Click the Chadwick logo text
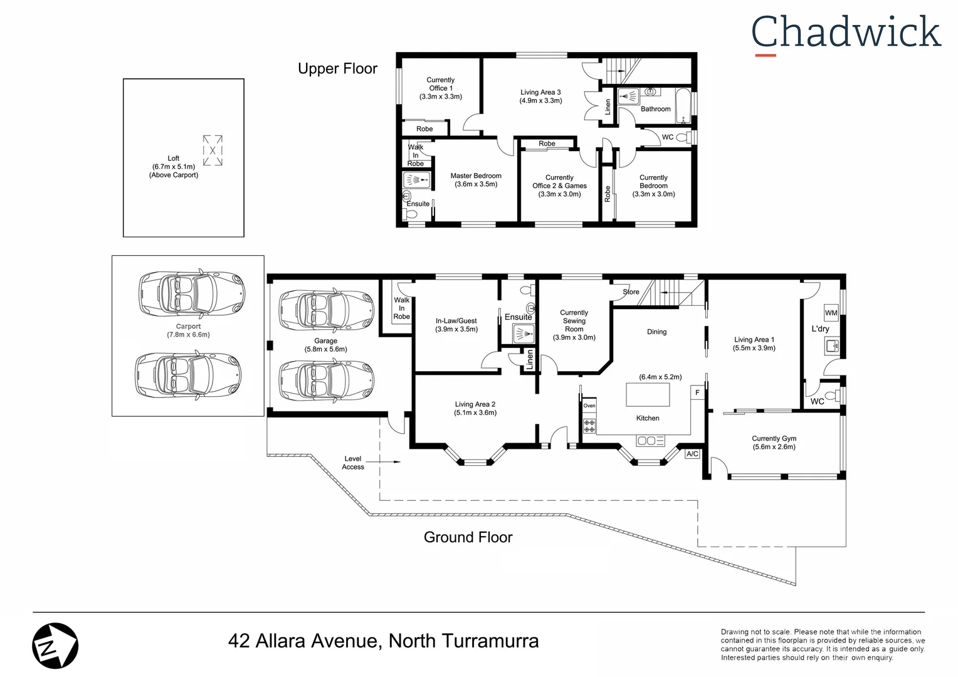(x=846, y=33)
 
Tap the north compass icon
(x=55, y=646)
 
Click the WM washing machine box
(x=831, y=313)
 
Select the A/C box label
(x=692, y=454)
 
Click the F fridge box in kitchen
(x=697, y=393)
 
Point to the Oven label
(x=589, y=406)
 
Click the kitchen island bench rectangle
(x=648, y=395)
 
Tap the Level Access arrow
(x=389, y=462)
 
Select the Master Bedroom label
(x=476, y=180)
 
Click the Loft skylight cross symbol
(x=213, y=150)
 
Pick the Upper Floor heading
(x=337, y=69)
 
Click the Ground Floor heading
(x=468, y=537)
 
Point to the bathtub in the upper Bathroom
(x=683, y=106)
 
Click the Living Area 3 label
(x=540, y=96)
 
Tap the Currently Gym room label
(x=774, y=443)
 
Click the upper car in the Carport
(x=191, y=293)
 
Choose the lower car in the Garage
(x=326, y=380)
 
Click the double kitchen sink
(x=650, y=441)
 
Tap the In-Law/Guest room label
(x=456, y=325)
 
